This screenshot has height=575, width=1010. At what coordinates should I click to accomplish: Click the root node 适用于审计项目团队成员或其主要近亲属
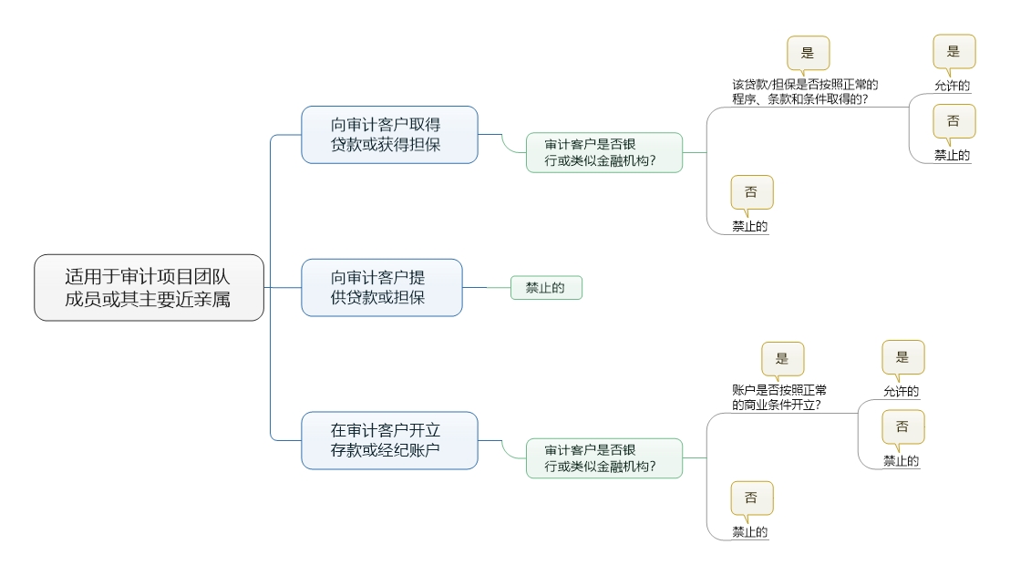pos(149,287)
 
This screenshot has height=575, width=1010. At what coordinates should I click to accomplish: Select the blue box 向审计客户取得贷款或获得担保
pos(389,135)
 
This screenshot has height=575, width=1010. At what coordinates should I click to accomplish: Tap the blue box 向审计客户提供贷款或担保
pos(382,288)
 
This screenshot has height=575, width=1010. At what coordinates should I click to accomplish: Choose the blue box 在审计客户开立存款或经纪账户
pos(389,440)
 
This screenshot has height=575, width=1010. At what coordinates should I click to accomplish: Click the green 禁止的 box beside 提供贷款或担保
pos(545,288)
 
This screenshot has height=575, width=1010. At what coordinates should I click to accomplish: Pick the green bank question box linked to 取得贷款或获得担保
pos(603,153)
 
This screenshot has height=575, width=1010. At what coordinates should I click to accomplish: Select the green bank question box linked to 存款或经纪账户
pos(603,458)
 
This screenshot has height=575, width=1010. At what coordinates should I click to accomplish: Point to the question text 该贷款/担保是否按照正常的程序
pos(804,92)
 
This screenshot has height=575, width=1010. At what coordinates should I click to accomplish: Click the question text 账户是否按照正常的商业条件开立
pos(779,397)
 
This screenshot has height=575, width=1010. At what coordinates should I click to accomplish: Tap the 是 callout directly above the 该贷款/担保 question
pos(808,53)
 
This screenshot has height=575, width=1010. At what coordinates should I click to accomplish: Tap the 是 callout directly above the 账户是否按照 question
pos(782,358)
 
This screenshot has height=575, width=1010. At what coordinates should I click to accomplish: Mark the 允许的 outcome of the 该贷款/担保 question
pos(952,87)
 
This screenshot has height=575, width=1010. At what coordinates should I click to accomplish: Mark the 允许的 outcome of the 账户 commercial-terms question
pos(901,392)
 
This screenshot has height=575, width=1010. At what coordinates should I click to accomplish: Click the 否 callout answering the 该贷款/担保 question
pos(953,121)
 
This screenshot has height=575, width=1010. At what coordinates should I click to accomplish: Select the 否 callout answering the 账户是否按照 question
pos(902,426)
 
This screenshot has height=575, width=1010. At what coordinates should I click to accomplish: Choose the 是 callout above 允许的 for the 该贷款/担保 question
pos(953,51)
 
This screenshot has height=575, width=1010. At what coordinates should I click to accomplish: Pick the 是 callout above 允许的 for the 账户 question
pos(902,357)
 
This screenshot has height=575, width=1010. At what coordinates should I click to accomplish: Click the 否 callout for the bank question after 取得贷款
pos(751,192)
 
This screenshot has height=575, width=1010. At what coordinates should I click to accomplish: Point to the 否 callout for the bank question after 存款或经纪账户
pos(751,498)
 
